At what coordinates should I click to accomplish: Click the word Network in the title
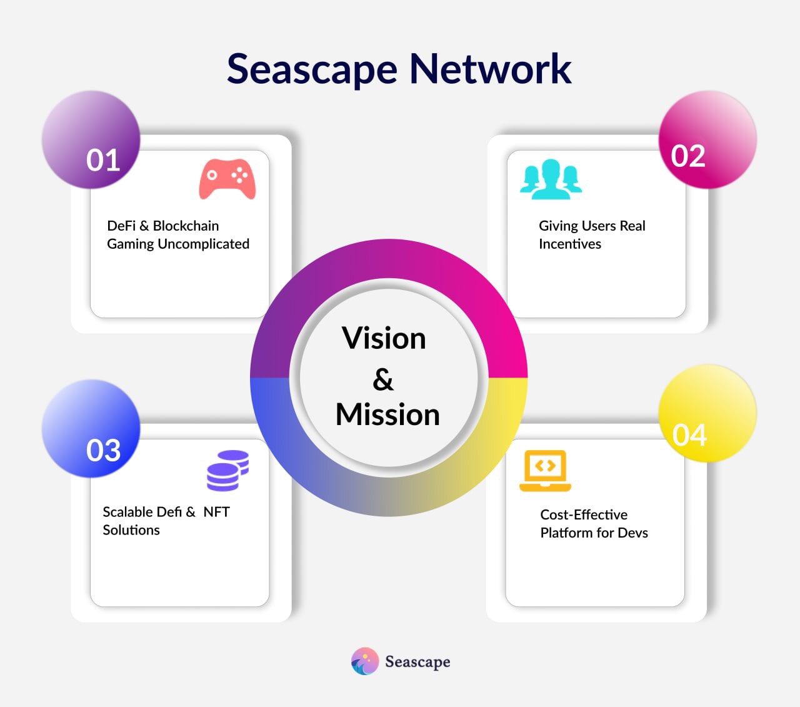[490, 69]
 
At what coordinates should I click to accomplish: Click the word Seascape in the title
[312, 70]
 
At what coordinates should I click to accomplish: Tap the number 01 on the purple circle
[103, 161]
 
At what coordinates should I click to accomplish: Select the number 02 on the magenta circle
[688, 156]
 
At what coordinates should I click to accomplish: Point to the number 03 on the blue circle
[103, 450]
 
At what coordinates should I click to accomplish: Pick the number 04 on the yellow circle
[689, 435]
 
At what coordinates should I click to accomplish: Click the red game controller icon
[227, 179]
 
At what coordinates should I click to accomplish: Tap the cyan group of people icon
[551, 179]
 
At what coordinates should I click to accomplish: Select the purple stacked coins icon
[228, 471]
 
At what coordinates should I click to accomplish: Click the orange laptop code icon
[545, 471]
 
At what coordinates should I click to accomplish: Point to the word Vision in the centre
[384, 338]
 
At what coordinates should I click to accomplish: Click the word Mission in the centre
[387, 414]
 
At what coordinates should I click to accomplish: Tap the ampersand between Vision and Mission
[383, 379]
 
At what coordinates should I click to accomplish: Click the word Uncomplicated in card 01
[203, 244]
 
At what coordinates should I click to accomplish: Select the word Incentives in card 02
[570, 244]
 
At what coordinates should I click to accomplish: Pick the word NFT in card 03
[216, 512]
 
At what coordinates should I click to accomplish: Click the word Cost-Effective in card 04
[584, 514]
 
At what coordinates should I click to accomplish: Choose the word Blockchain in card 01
[186, 226]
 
